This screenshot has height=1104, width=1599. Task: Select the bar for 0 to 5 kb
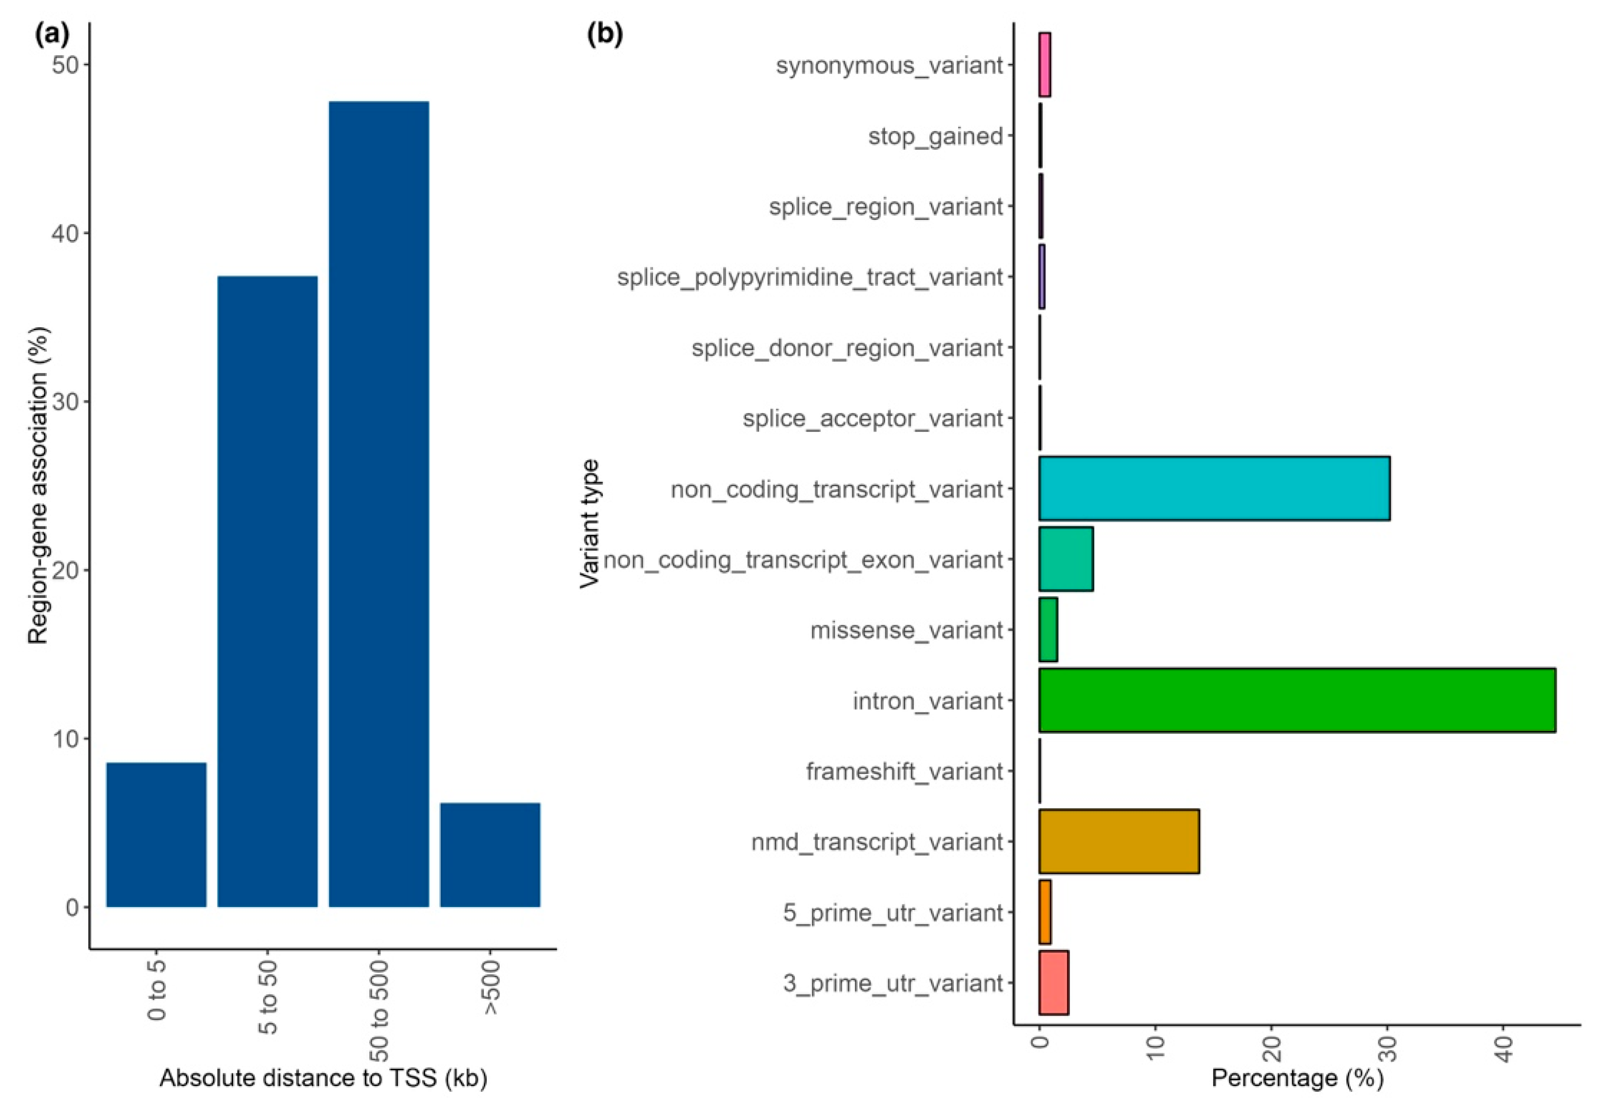tap(157, 834)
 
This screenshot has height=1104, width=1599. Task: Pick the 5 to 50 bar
tap(268, 591)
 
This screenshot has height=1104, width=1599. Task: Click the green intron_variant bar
tap(1297, 700)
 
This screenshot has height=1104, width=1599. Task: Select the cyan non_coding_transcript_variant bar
tap(1214, 488)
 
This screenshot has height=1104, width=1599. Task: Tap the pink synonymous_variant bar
tap(1045, 65)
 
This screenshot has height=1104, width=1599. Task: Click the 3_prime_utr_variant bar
tap(1053, 982)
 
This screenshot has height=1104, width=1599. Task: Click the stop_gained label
tap(935, 136)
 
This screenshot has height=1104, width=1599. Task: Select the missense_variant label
tap(906, 630)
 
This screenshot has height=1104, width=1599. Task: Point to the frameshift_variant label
tap(904, 771)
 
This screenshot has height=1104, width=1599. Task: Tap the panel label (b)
tap(605, 35)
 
